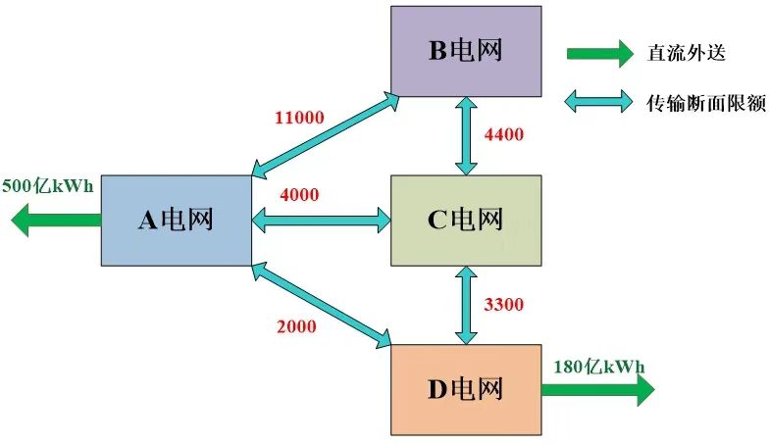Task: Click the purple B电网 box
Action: pos(465,51)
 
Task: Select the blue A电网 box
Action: pos(176,221)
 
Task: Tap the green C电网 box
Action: pos(465,221)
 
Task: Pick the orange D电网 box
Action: pos(465,389)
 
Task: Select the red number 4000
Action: pos(299,194)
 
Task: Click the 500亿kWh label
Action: pos(48,184)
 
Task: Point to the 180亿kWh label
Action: pos(600,367)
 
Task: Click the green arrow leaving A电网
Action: pos(55,221)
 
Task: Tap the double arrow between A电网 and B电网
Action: pos(325,136)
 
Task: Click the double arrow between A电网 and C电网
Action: pos(321,221)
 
